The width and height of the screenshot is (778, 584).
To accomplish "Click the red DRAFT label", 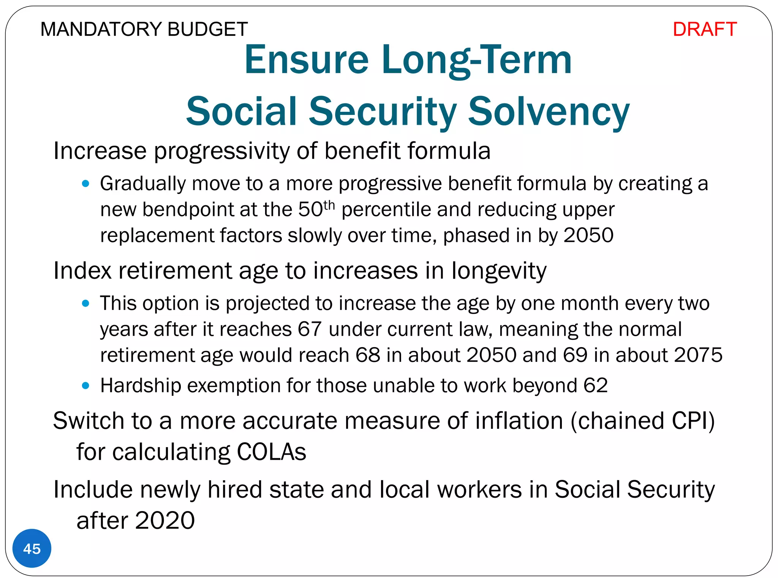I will tap(704, 29).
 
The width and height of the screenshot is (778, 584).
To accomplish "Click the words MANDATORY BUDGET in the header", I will tap(144, 29).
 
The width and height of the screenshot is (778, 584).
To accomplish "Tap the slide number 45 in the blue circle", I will tap(32, 549).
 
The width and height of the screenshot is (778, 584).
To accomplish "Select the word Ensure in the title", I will tap(306, 60).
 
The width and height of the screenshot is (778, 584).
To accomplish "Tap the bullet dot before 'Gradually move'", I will tap(85, 184).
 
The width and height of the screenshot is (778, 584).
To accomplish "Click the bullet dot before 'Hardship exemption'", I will tap(85, 386).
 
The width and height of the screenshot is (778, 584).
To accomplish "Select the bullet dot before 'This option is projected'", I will tap(85, 303).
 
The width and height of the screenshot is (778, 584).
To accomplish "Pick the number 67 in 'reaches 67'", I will tap(310, 329).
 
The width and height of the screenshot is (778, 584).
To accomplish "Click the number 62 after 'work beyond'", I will tap(595, 385).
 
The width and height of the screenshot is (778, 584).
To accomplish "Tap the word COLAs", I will tap(271, 452).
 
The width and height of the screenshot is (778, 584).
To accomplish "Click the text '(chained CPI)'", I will tap(642, 421).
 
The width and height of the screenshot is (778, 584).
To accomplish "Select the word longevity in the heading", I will tap(499, 271).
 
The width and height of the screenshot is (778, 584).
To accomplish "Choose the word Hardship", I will tap(141, 386).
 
